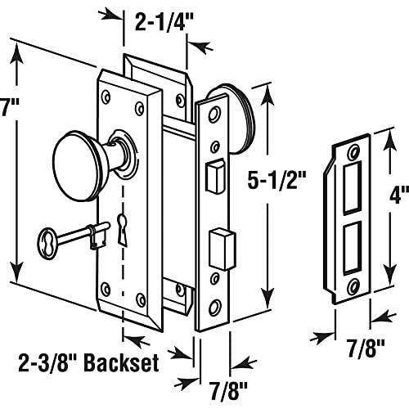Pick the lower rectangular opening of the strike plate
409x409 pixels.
click(352, 247)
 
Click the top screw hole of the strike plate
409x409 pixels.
click(355, 151)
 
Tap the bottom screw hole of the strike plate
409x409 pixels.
click(353, 285)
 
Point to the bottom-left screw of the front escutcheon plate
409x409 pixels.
click(106, 288)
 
